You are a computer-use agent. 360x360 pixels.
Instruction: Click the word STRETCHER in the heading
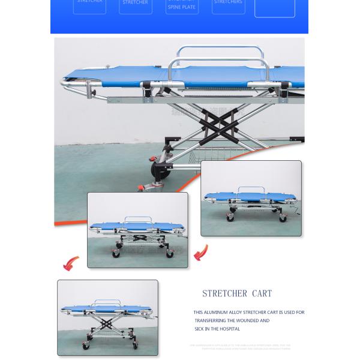point(224,293)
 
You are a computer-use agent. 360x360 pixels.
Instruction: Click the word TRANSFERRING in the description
point(210,320)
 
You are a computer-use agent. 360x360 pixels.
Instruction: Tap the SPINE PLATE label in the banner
point(182,7)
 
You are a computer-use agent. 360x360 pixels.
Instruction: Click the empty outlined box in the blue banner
point(275,7)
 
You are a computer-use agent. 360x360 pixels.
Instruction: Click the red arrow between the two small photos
point(200,253)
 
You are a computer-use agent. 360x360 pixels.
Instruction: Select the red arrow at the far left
point(71,263)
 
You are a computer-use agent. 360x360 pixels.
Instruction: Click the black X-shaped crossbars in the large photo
point(221,123)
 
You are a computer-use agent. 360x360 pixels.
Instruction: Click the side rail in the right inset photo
point(251,191)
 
